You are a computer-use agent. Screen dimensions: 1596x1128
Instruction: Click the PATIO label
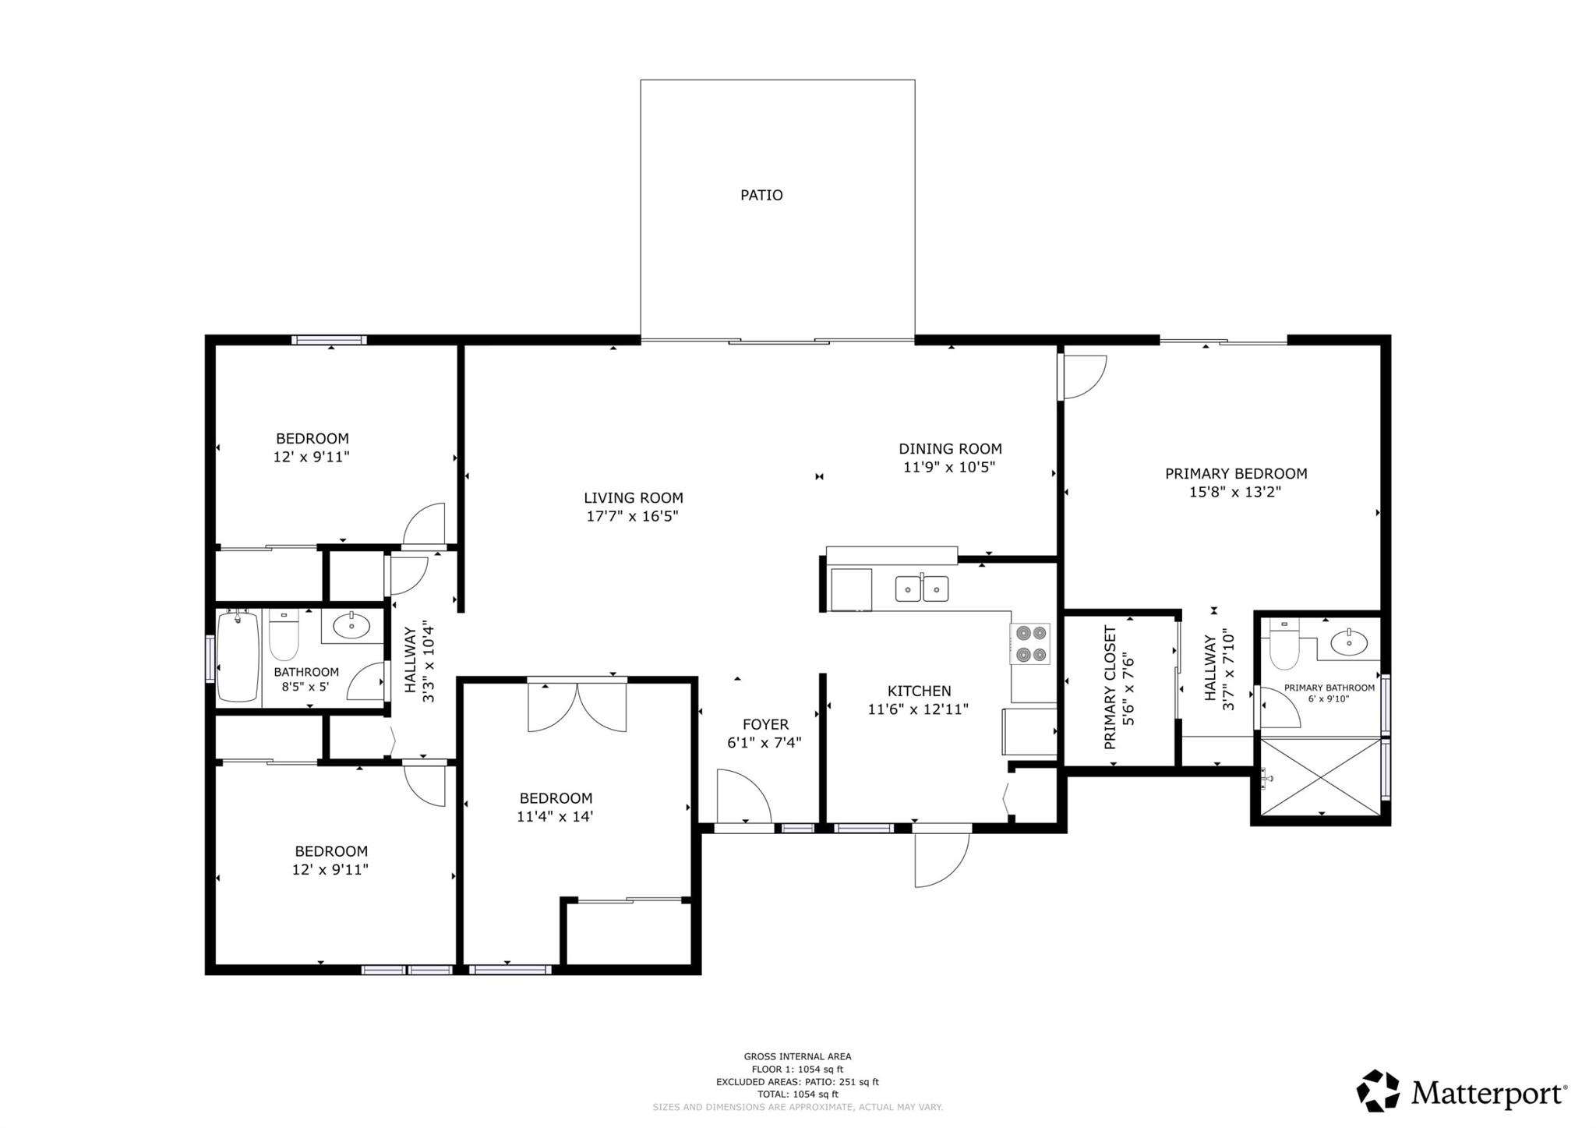click(x=761, y=195)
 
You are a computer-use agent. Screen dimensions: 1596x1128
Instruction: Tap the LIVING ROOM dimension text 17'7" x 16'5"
click(x=633, y=516)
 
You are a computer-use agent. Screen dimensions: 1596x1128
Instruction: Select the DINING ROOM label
click(x=950, y=449)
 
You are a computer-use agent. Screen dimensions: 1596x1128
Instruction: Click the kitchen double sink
click(x=922, y=588)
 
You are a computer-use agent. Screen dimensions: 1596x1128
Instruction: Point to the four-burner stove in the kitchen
click(x=1030, y=644)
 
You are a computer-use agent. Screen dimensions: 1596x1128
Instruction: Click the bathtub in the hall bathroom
click(x=238, y=656)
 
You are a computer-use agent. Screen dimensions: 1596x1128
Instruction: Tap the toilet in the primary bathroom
click(x=1284, y=644)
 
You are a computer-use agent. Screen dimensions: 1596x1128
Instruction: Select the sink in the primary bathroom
click(x=1349, y=642)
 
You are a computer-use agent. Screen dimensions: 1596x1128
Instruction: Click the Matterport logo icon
click(x=1379, y=1091)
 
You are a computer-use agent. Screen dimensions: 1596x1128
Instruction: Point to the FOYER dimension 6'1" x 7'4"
click(x=764, y=743)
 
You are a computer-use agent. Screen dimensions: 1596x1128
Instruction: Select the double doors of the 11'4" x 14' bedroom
click(x=577, y=706)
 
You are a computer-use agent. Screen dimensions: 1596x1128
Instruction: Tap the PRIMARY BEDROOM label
click(x=1236, y=473)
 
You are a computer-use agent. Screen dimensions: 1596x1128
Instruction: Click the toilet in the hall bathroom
click(x=284, y=635)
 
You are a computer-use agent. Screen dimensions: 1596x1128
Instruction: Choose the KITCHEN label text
click(x=919, y=691)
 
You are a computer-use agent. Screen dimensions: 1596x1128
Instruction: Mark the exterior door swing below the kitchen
click(x=942, y=860)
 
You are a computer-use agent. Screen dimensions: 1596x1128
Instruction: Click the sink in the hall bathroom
click(x=351, y=625)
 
